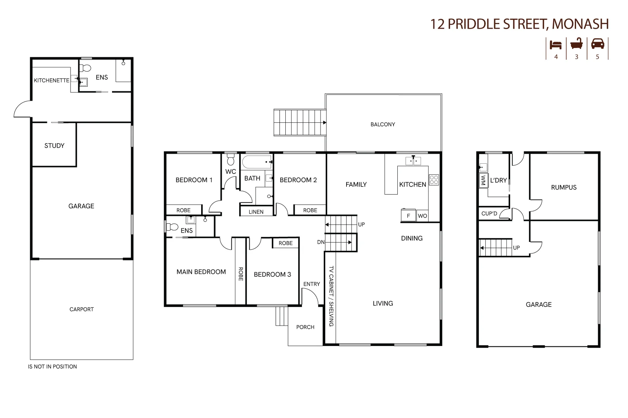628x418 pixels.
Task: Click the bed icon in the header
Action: pyautogui.click(x=556, y=45)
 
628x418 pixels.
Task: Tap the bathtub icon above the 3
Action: pyautogui.click(x=576, y=44)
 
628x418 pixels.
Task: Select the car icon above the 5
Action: pyautogui.click(x=597, y=44)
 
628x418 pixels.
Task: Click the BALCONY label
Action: pyautogui.click(x=383, y=124)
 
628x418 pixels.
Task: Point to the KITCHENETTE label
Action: pyautogui.click(x=52, y=81)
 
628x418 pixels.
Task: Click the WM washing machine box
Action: pyautogui.click(x=483, y=180)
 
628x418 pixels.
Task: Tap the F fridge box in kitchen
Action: pyautogui.click(x=408, y=216)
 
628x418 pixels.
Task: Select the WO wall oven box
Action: pyautogui.click(x=422, y=216)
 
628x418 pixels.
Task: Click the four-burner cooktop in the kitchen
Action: pyautogui.click(x=434, y=180)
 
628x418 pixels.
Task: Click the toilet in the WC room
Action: pyautogui.click(x=231, y=159)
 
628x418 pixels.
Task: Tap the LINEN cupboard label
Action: pyautogui.click(x=256, y=212)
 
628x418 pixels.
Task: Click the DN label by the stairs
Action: pyautogui.click(x=321, y=242)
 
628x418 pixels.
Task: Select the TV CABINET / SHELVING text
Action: pyautogui.click(x=331, y=296)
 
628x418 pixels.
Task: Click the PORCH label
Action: pyautogui.click(x=305, y=327)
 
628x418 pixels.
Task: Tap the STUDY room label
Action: pyautogui.click(x=54, y=146)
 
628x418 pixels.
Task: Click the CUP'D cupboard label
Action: pyautogui.click(x=489, y=214)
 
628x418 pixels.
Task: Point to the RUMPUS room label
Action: pyautogui.click(x=564, y=187)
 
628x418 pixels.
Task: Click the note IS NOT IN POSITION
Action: pyautogui.click(x=52, y=367)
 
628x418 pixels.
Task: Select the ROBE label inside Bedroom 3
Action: pyautogui.click(x=285, y=243)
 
